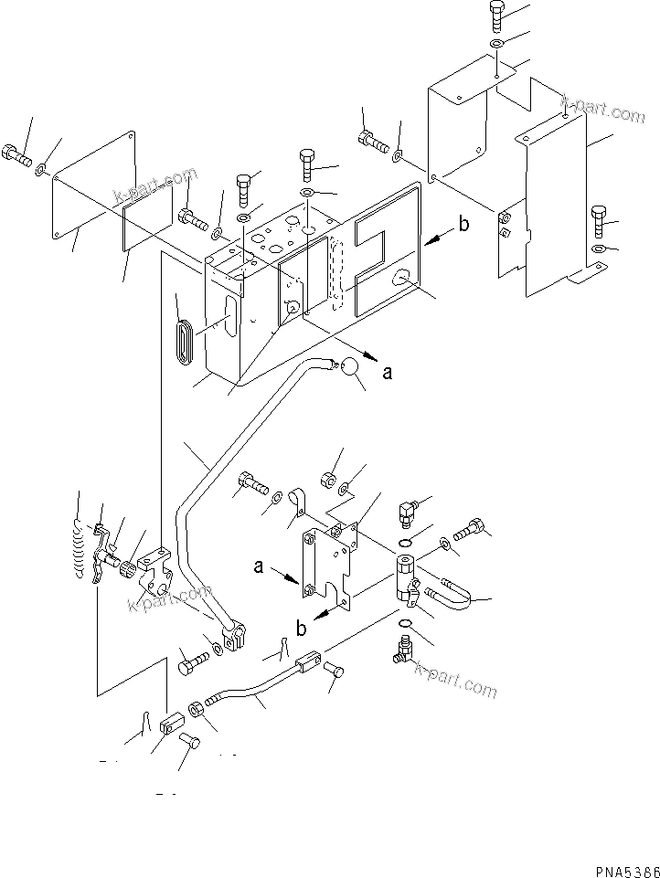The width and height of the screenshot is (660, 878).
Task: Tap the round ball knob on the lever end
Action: coord(347,367)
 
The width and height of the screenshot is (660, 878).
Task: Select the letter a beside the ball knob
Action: coord(389,373)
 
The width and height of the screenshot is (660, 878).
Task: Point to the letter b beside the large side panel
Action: coord(464,225)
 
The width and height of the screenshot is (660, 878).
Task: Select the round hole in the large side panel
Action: coord(401,278)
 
